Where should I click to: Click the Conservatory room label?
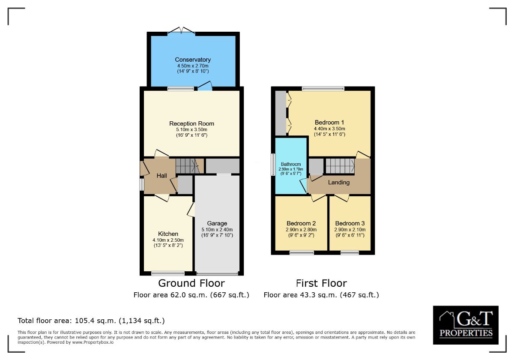coord(193,60)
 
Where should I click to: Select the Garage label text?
coord(217,223)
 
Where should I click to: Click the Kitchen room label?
coord(168,234)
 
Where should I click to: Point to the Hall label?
coord(161,176)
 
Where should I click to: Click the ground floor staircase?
coord(188,166)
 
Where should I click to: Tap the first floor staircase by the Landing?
coord(340,166)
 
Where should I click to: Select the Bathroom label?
coord(291,164)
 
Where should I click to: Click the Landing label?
coord(339,183)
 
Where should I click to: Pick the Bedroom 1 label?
coord(330,122)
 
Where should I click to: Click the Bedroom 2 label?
coord(301,223)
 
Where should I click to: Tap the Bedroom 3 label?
coord(350,223)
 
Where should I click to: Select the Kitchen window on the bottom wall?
coord(168,273)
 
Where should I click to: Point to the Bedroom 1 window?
coord(323,89)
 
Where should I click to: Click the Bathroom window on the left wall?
coord(273,165)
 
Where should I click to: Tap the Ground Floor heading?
coord(191,283)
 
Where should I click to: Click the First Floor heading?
coord(321,283)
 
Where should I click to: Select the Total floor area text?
coord(91,321)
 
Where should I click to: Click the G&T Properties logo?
coord(466,325)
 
